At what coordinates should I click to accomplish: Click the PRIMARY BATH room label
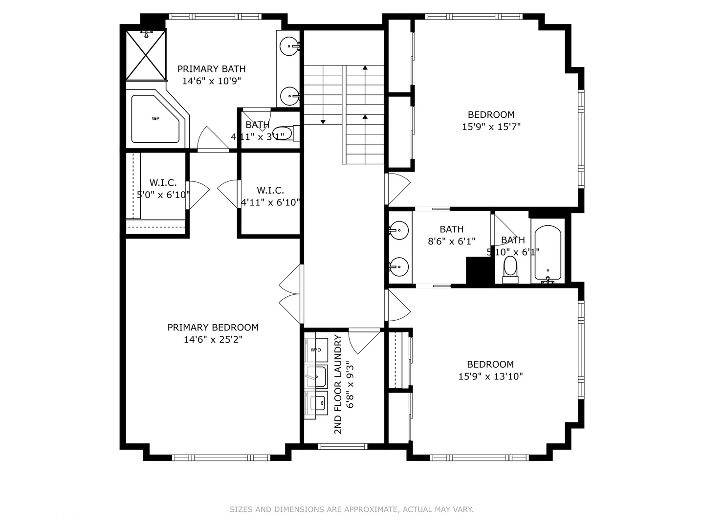point(211,69)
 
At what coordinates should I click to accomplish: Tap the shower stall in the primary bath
point(147,55)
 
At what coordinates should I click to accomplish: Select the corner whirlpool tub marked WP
point(156,119)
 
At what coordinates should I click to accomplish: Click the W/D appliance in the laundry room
point(316,350)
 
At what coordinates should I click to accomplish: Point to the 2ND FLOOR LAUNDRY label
point(338,384)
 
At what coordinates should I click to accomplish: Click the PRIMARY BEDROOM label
point(213,327)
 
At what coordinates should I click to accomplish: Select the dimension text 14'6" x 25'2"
point(213,339)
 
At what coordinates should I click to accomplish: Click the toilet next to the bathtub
point(510,269)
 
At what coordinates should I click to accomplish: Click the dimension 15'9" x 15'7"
point(491,127)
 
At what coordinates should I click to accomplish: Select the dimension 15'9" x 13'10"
point(490,376)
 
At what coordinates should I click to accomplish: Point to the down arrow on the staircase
point(323,121)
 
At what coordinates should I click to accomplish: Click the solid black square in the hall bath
point(480,270)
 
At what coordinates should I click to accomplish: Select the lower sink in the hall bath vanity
point(399,266)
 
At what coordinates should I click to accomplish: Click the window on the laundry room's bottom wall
point(342,446)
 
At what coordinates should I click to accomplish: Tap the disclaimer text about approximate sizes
point(352,509)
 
